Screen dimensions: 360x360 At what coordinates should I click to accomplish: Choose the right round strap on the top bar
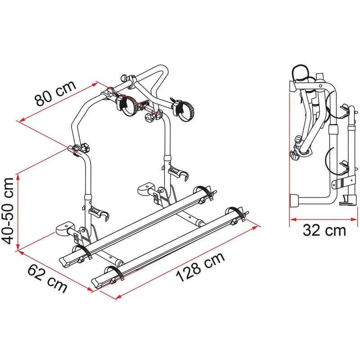[x=184, y=111]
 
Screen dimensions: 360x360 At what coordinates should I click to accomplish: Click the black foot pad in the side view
[x=295, y=200]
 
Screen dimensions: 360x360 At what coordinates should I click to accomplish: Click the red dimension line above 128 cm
[x=189, y=260]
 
